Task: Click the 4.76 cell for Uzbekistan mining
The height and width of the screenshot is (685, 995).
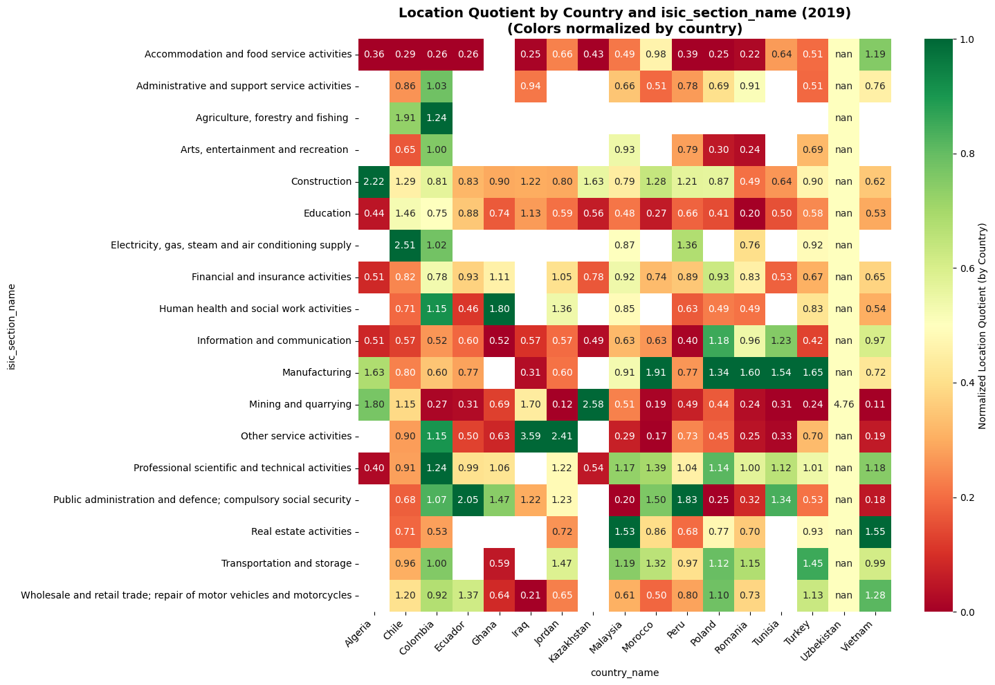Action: click(x=843, y=404)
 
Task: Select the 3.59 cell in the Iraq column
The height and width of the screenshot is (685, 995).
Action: click(x=530, y=436)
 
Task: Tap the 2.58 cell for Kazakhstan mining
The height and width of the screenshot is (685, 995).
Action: click(x=593, y=404)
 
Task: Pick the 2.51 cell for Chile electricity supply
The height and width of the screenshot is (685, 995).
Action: click(x=405, y=245)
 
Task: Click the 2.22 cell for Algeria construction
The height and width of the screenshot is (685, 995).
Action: click(x=374, y=181)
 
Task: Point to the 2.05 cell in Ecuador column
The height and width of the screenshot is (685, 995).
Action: click(x=468, y=500)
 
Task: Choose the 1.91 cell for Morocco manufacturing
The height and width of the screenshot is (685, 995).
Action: click(x=656, y=372)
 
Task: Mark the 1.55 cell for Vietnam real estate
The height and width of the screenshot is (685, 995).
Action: click(x=875, y=531)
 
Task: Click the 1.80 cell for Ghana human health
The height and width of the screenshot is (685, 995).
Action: click(x=500, y=309)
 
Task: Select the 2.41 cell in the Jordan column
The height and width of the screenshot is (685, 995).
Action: click(x=562, y=436)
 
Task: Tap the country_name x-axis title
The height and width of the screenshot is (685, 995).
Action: click(x=624, y=673)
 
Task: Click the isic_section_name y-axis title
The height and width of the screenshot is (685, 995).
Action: click(x=12, y=325)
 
